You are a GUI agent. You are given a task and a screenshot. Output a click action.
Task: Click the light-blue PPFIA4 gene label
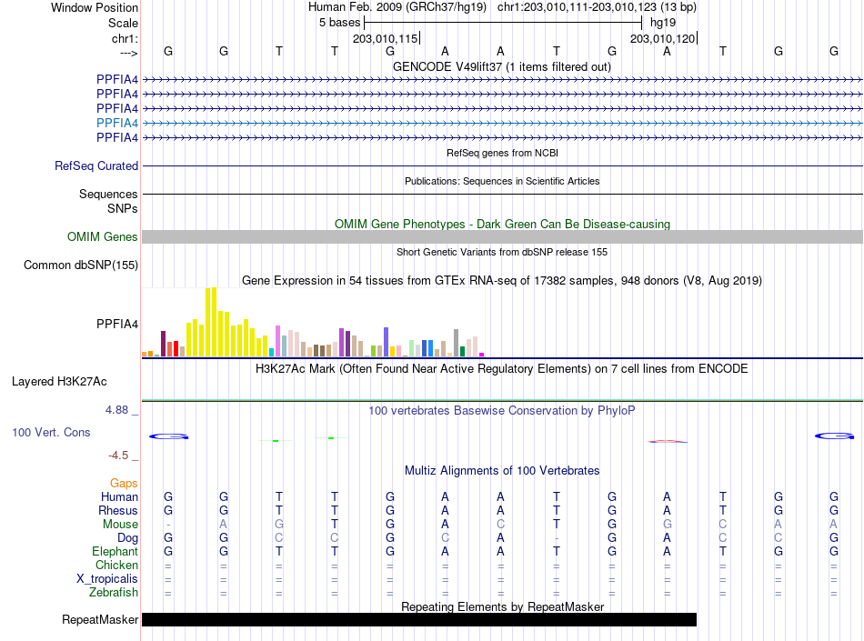click(116, 123)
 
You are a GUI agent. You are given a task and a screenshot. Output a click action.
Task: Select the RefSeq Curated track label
click(96, 165)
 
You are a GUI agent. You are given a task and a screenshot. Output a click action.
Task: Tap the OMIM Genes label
click(103, 236)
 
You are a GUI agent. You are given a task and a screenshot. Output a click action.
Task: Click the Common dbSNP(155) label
click(81, 265)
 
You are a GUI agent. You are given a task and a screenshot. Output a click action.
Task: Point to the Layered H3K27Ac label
click(59, 382)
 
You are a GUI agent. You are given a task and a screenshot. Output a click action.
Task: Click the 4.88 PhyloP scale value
click(116, 410)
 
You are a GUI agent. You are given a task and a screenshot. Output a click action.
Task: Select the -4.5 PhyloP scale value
click(118, 456)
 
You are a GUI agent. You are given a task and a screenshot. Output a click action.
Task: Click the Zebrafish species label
click(114, 593)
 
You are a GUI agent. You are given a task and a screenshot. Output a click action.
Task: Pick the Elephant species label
click(116, 551)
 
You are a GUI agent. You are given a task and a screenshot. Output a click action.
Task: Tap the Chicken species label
click(116, 565)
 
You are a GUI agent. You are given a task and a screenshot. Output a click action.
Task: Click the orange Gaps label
click(124, 483)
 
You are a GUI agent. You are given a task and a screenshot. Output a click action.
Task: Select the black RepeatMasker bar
click(419, 619)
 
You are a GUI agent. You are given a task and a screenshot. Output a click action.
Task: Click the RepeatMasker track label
click(100, 619)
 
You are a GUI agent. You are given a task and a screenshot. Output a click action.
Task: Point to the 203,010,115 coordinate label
click(386, 38)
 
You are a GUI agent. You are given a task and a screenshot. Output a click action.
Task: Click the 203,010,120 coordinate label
click(662, 38)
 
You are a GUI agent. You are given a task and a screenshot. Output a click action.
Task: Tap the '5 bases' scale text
click(339, 23)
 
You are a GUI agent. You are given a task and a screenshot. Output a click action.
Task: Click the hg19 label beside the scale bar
click(663, 23)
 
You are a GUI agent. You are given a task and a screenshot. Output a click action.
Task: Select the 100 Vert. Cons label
click(51, 432)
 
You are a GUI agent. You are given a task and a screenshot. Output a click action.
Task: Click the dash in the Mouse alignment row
click(168, 525)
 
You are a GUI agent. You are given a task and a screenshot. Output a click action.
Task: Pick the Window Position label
click(95, 7)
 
